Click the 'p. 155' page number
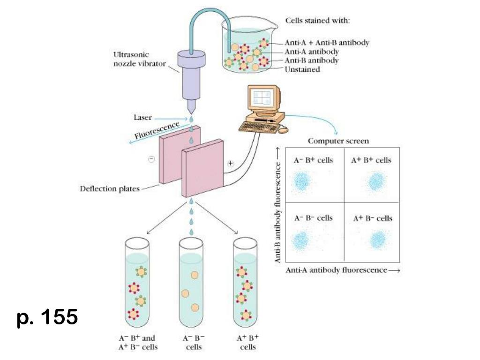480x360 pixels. pyautogui.click(x=47, y=317)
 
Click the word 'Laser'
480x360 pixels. pyautogui.click(x=142, y=118)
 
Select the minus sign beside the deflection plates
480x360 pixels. pyautogui.click(x=151, y=159)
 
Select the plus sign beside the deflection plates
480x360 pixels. pyautogui.click(x=230, y=164)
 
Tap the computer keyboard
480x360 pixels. pyautogui.click(x=256, y=126)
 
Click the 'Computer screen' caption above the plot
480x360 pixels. pyautogui.click(x=338, y=141)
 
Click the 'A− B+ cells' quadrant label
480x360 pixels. pyautogui.click(x=313, y=160)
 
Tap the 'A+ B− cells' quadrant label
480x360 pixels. pyautogui.click(x=372, y=218)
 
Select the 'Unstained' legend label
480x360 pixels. pyautogui.click(x=302, y=69)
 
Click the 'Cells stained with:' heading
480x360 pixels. pyautogui.click(x=318, y=21)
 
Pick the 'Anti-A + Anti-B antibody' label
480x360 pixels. pyautogui.click(x=327, y=43)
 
